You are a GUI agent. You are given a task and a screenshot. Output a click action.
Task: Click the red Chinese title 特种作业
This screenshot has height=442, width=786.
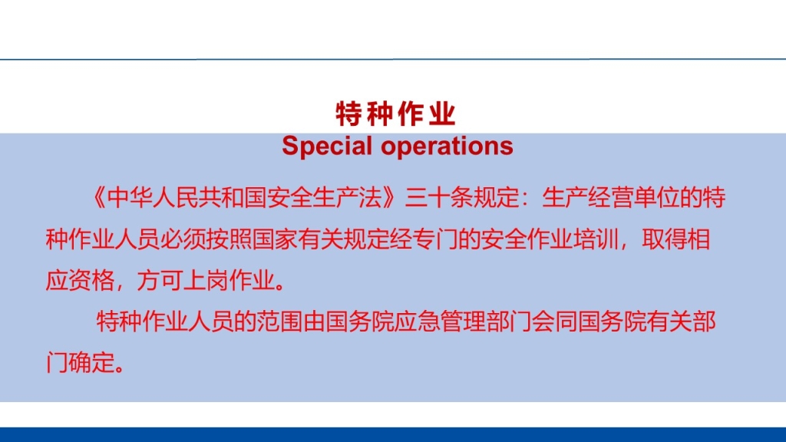[x=395, y=114]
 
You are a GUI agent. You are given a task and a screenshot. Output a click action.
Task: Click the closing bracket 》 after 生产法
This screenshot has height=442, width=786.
[x=391, y=197]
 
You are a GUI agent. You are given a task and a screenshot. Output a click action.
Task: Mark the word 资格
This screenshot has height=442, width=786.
[x=91, y=280]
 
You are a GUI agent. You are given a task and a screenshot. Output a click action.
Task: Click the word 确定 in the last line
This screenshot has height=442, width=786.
[x=91, y=362]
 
